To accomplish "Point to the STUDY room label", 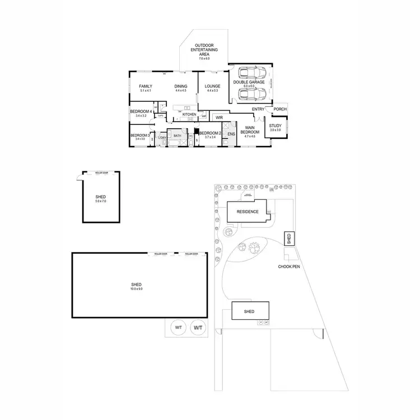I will tap(275, 126).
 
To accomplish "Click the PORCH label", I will tap(279, 109).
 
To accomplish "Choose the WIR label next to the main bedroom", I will tap(219, 118).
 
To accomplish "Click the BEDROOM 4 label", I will tap(141, 111).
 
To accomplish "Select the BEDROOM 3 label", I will tap(140, 135).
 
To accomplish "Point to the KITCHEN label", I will tap(189, 114).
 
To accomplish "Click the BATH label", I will tap(177, 136).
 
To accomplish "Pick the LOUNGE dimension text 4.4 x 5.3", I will tap(212, 91).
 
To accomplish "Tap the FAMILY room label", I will tap(146, 86).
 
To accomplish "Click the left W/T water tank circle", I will tap(178, 327).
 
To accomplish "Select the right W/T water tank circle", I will tap(197, 327).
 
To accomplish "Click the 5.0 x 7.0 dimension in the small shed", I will tap(101, 201).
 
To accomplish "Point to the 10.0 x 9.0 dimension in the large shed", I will tap(137, 289).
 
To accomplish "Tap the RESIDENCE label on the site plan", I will tap(247, 212).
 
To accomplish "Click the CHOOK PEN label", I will tap(289, 267).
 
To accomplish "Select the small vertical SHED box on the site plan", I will tap(289, 239).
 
